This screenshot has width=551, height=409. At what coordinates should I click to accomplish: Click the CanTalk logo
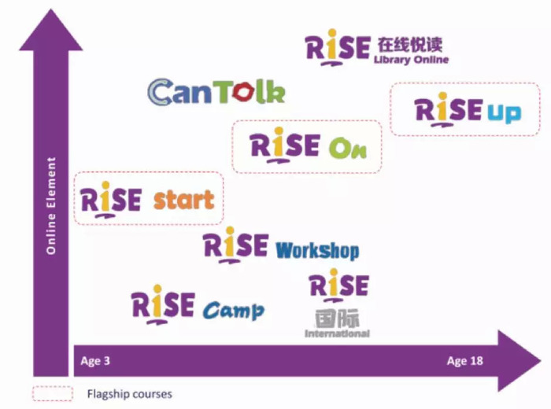(216, 91)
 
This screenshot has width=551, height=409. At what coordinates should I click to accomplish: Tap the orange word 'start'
(183, 200)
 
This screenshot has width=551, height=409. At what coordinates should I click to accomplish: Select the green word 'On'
(348, 148)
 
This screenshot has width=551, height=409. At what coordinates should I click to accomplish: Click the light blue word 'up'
(504, 113)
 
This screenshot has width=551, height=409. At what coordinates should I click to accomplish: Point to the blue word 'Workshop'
(317, 251)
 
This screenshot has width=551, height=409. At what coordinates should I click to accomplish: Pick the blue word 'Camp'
(234, 311)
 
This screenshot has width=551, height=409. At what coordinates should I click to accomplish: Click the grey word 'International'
(337, 333)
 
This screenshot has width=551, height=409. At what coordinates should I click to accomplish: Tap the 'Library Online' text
(411, 60)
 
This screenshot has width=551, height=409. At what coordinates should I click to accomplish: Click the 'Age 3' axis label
(95, 361)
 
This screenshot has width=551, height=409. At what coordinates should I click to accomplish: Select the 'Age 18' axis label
(465, 361)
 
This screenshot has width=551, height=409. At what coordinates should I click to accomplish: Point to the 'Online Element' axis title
(51, 206)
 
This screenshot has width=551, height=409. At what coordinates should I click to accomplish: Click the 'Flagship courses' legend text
(130, 394)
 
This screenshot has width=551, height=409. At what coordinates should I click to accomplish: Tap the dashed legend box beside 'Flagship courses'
(53, 386)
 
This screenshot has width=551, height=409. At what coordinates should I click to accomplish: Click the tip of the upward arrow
(51, 9)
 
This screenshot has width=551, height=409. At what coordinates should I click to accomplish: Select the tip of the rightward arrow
(541, 360)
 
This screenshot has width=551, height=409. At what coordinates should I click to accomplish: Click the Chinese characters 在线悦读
(410, 45)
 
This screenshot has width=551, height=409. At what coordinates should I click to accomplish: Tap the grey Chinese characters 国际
(337, 319)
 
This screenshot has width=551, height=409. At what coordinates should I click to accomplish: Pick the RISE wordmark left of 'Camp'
(163, 304)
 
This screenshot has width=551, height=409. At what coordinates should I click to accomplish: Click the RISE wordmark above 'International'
(339, 285)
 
